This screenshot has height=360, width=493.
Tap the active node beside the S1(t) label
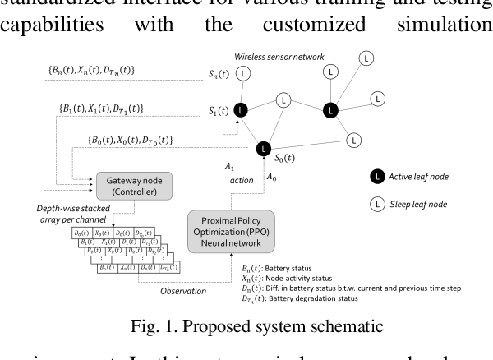[x=240, y=109]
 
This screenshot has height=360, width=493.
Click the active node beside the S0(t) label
[x=262, y=149]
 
